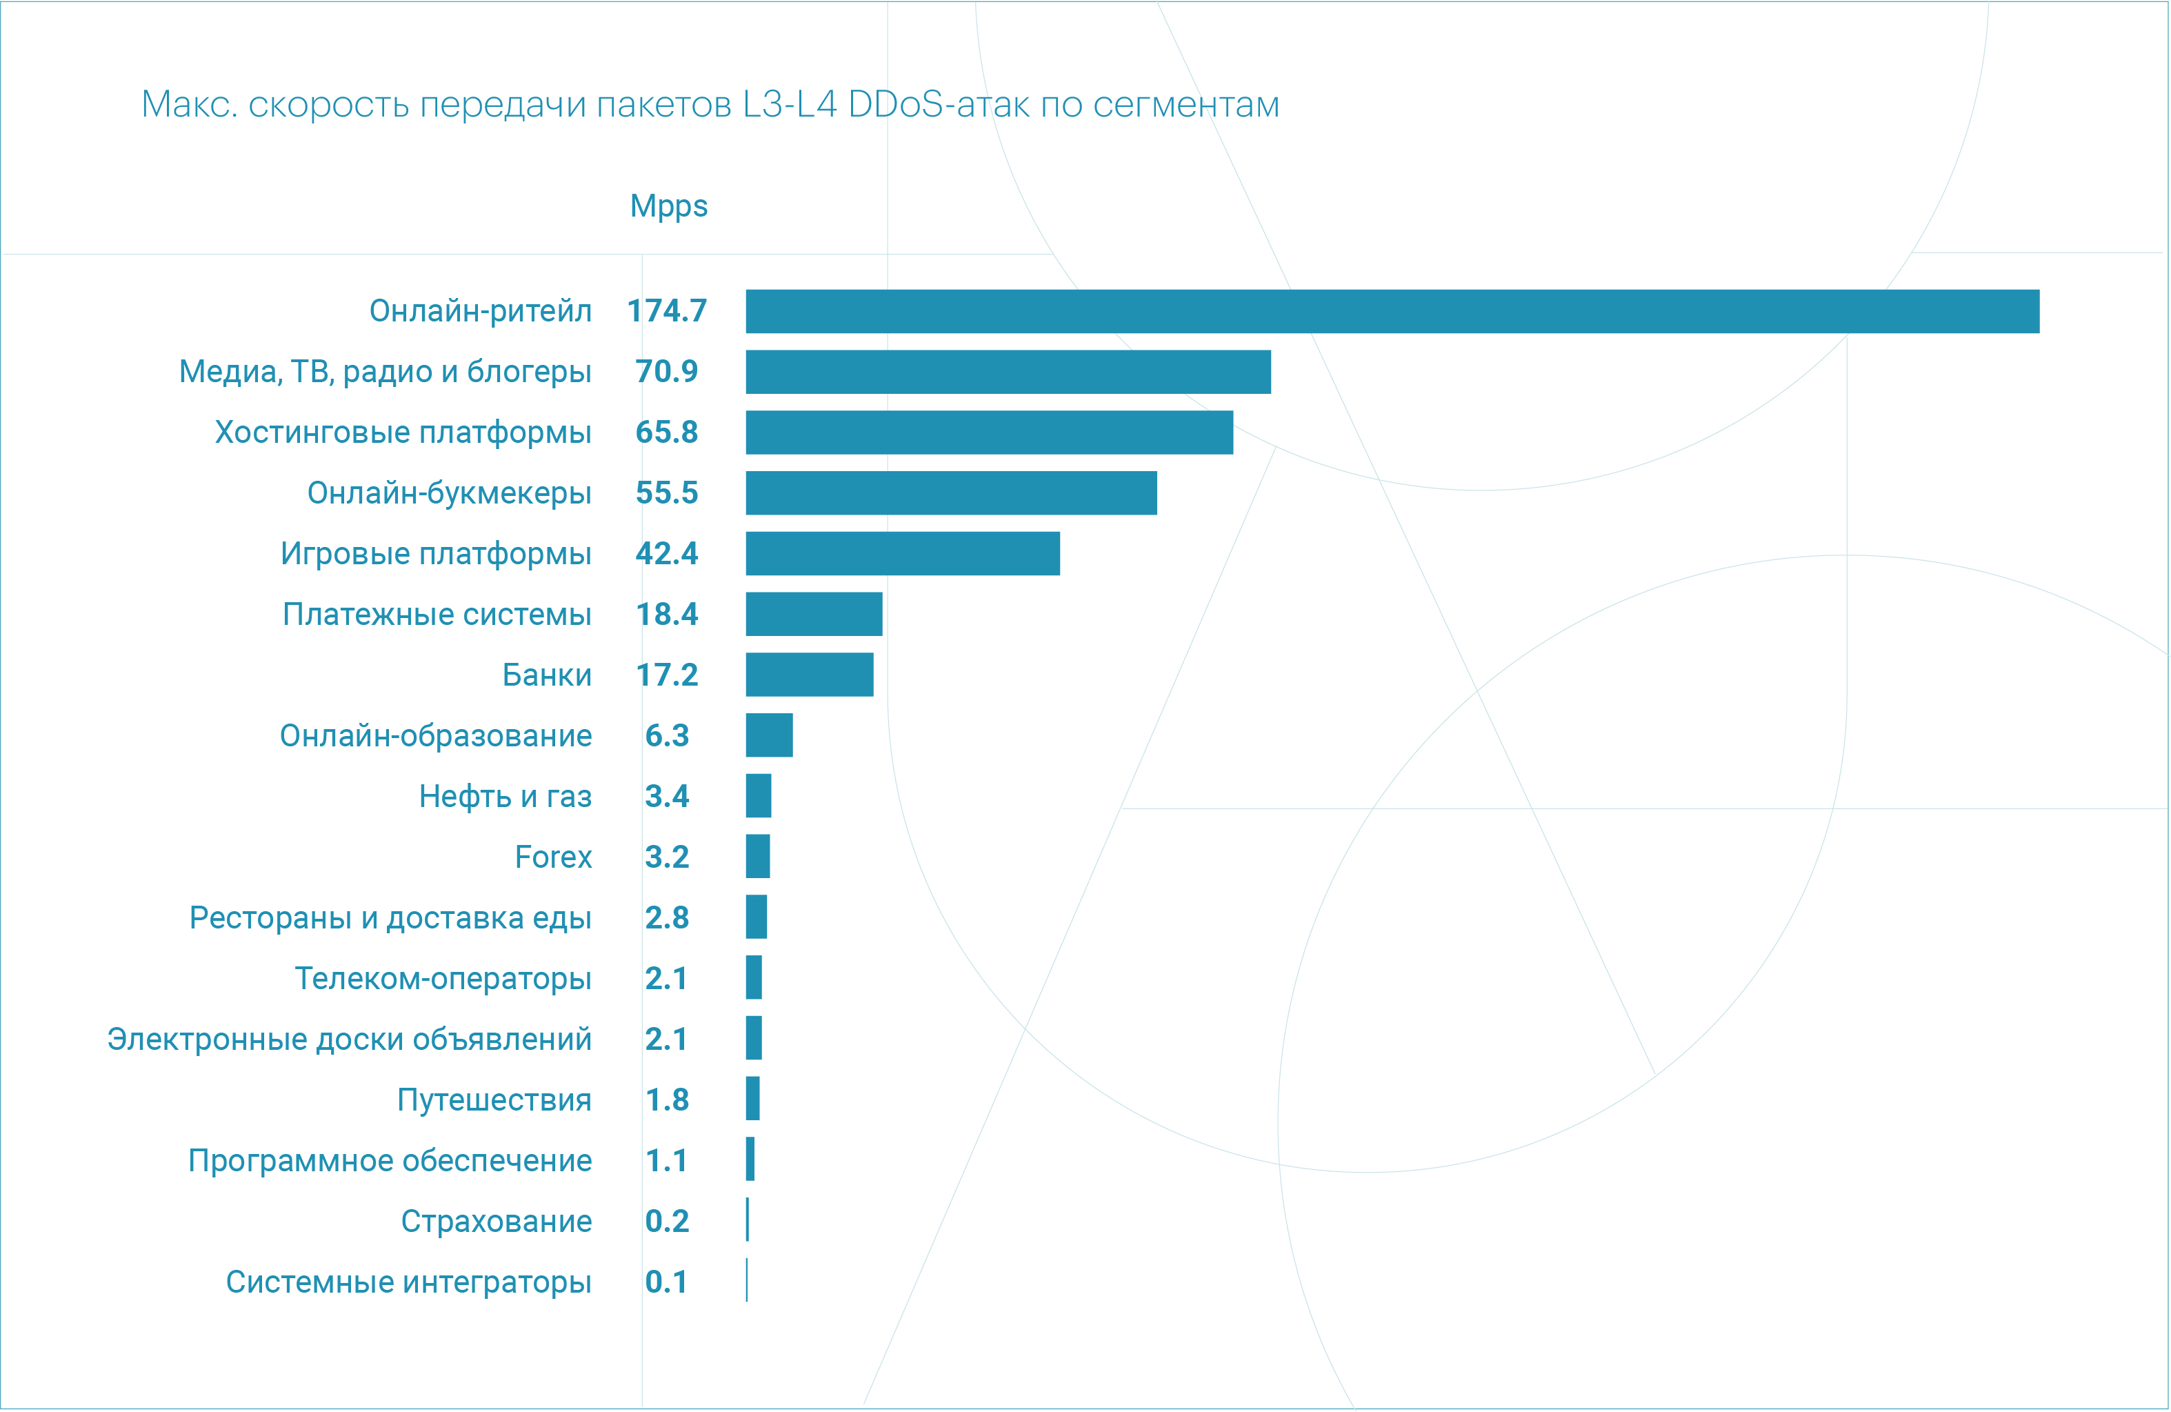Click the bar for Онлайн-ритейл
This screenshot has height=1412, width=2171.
(1392, 312)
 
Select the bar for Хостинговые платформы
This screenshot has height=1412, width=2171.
(989, 432)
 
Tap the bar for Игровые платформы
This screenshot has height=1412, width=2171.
(902, 554)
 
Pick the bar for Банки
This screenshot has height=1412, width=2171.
(809, 675)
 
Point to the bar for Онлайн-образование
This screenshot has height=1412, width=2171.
(769, 735)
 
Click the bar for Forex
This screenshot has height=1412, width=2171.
(757, 857)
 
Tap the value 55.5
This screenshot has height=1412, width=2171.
(667, 493)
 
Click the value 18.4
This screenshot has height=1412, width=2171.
(667, 615)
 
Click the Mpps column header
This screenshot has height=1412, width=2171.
(669, 206)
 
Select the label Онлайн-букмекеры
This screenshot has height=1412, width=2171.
(449, 493)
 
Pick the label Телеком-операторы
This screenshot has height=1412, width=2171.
(443, 979)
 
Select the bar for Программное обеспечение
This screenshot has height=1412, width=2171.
(750, 1160)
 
